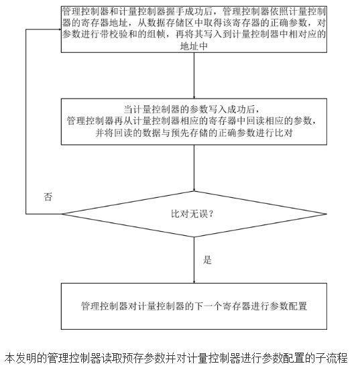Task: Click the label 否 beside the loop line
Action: [x=47, y=198]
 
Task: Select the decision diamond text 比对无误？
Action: [x=192, y=215]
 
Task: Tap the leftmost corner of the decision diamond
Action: [x=61, y=214]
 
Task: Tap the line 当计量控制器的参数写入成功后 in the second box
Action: [x=192, y=109]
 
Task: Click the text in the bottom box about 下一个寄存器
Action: [x=192, y=306]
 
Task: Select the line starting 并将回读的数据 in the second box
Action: [x=192, y=133]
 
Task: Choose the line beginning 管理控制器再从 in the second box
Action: [x=192, y=121]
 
